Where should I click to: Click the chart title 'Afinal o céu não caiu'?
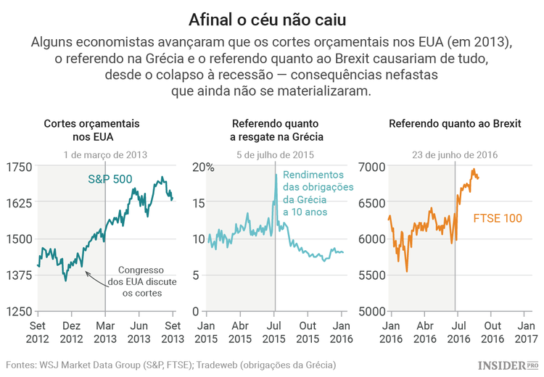272,17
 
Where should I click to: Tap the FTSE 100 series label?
498,217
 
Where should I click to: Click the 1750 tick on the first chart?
19,167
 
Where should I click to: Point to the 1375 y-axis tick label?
19,275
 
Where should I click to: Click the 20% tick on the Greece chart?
203,167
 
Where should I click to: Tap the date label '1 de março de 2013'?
105,154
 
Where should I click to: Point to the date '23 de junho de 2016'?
455,154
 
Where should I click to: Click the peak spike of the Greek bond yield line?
276,175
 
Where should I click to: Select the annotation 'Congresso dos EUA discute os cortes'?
139,281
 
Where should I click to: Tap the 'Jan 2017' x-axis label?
526,332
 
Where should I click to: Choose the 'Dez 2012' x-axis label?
71,332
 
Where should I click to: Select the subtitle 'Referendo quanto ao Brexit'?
455,124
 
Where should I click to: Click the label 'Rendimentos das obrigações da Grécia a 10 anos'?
317,194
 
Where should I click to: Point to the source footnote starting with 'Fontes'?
170,364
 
